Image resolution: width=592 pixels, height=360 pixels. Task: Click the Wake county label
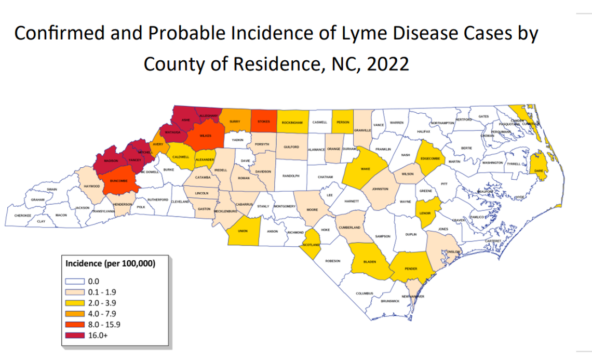tap(365, 169)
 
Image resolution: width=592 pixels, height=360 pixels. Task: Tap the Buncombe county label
tap(118, 181)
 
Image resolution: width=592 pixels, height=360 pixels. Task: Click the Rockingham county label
tap(292, 123)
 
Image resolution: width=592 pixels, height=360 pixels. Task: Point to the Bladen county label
tap(370, 262)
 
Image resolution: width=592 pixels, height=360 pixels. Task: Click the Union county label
tap(242, 231)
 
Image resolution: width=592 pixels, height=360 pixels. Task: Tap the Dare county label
tap(539, 170)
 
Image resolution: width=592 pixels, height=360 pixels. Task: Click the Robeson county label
tap(332, 260)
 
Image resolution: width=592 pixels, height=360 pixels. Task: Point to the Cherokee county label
tap(23, 215)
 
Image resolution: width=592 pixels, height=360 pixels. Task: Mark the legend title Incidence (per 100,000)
tap(110, 263)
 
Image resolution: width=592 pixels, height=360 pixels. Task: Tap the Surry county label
tap(234, 123)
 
